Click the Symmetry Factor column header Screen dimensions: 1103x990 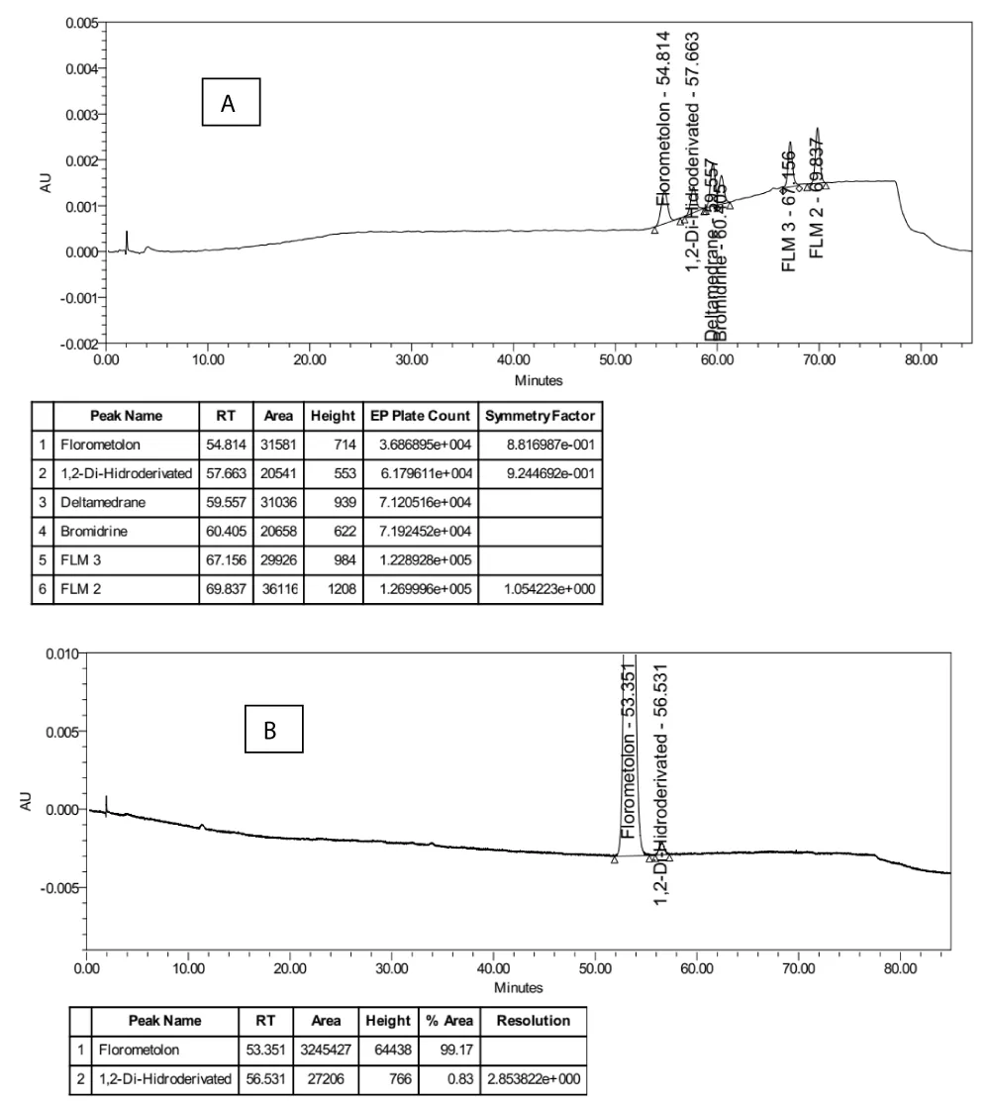click(540, 416)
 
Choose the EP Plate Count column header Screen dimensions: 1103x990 click(421, 416)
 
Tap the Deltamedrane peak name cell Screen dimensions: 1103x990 click(101, 502)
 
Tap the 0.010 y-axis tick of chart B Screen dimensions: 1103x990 click(64, 653)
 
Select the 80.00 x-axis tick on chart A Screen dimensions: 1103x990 click(921, 360)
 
